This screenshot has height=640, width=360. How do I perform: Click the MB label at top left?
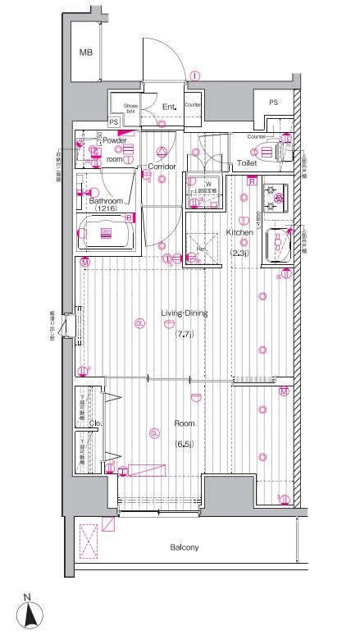point(85,53)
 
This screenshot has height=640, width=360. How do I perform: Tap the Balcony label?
point(185,547)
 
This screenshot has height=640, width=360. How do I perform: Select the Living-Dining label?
point(184,313)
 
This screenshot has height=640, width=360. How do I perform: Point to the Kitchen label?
point(239,233)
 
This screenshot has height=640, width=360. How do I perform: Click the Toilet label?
point(248,164)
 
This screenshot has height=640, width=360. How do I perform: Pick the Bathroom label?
point(106,200)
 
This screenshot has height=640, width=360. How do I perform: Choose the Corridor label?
point(162,167)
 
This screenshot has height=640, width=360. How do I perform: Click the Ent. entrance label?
point(169,107)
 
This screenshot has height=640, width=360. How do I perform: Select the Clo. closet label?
point(95,423)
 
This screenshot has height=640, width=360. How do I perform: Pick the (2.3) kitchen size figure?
point(239,253)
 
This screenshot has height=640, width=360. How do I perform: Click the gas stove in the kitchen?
point(273,197)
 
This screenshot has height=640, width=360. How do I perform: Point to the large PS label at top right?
point(273,102)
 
